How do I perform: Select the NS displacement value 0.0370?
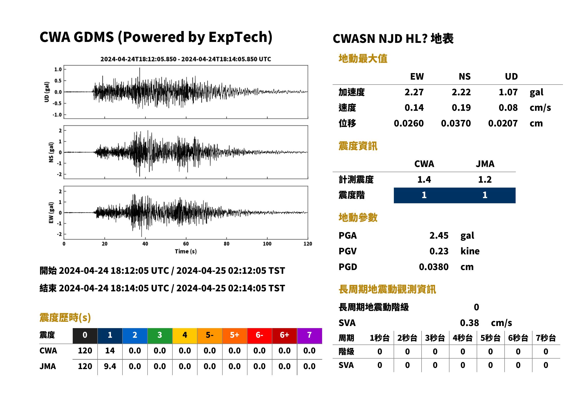click(456, 123)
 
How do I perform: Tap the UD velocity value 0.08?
click(508, 107)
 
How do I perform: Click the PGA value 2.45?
click(439, 235)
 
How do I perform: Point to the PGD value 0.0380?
click(434, 267)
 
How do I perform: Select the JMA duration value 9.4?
click(110, 367)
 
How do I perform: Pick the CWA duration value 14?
click(110, 351)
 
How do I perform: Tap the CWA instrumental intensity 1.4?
click(424, 180)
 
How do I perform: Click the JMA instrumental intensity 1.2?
click(485, 180)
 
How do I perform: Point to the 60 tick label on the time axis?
click(186, 244)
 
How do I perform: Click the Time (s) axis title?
click(186, 252)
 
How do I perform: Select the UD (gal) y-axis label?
click(47, 92)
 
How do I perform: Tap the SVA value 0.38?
click(469, 323)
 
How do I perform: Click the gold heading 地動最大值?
click(363, 59)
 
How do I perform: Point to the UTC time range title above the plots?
click(186, 59)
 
